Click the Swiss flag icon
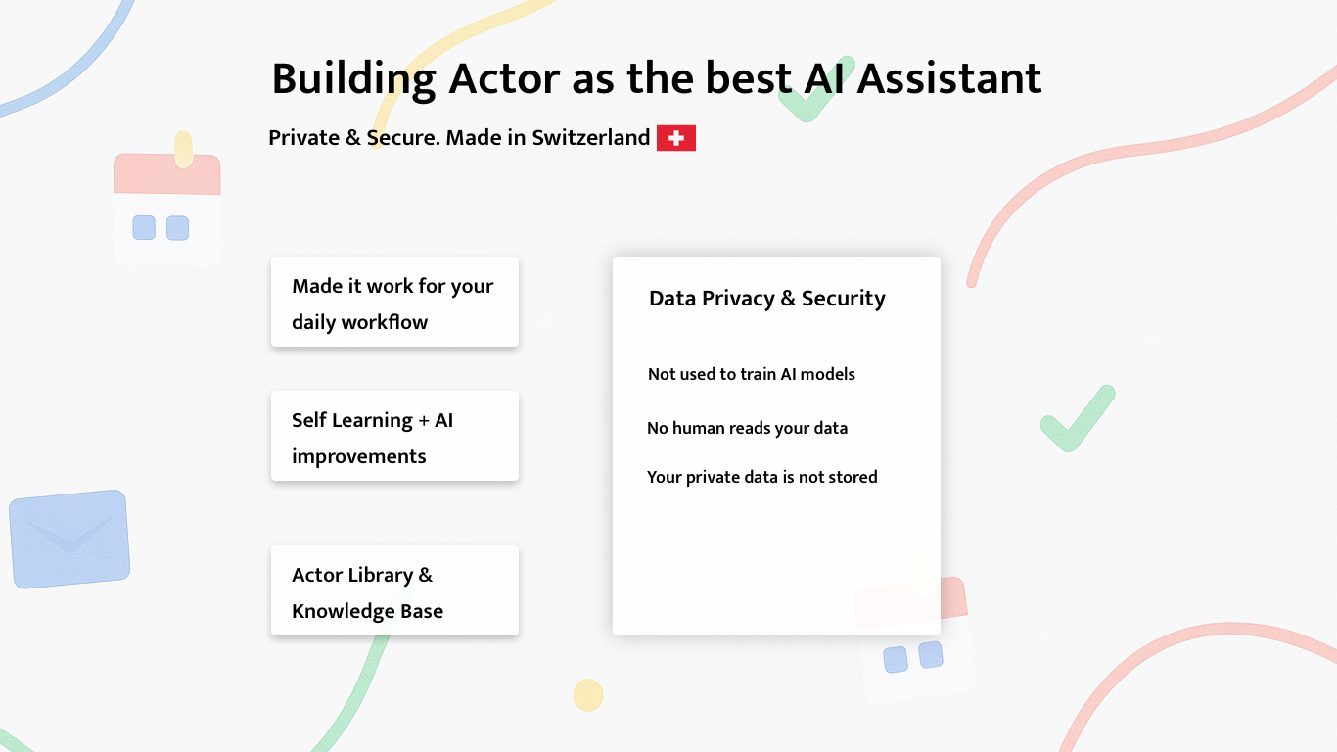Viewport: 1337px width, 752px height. coord(676,138)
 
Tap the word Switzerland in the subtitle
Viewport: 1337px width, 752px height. coord(591,138)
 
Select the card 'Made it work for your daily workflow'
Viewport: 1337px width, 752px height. coord(394,302)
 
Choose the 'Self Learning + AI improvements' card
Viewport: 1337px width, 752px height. coord(394,436)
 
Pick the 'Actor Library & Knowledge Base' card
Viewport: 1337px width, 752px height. coord(394,590)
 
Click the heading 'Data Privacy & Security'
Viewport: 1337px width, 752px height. coord(766,299)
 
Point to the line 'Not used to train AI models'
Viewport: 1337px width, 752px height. coord(751,374)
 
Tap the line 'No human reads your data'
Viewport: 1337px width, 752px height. coord(747,428)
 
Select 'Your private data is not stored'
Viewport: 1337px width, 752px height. coord(761,477)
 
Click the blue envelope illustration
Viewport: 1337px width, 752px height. coord(69,539)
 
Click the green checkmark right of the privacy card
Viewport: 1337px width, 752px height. coord(1078,418)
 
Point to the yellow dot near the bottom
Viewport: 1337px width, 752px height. coord(588,694)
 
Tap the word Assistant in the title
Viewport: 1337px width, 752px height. coord(949,78)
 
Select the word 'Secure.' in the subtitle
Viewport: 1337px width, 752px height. coord(403,138)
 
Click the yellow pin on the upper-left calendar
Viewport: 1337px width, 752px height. coord(183,150)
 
